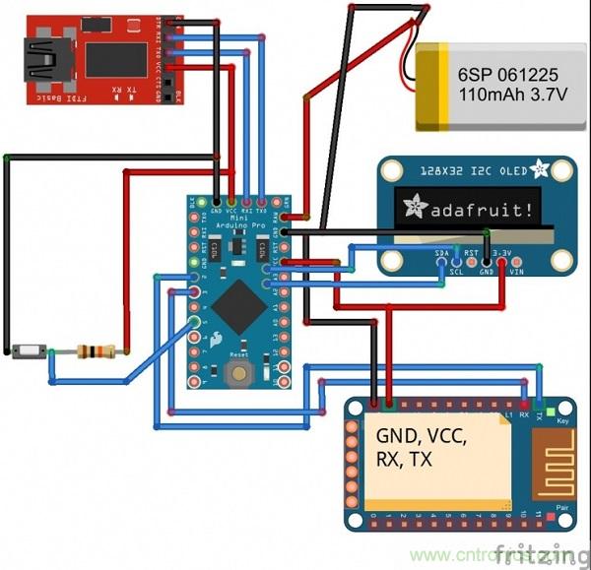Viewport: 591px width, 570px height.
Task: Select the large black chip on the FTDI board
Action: click(115, 59)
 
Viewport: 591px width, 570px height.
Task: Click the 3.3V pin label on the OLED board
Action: click(501, 254)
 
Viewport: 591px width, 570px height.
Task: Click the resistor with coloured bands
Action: click(95, 351)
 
